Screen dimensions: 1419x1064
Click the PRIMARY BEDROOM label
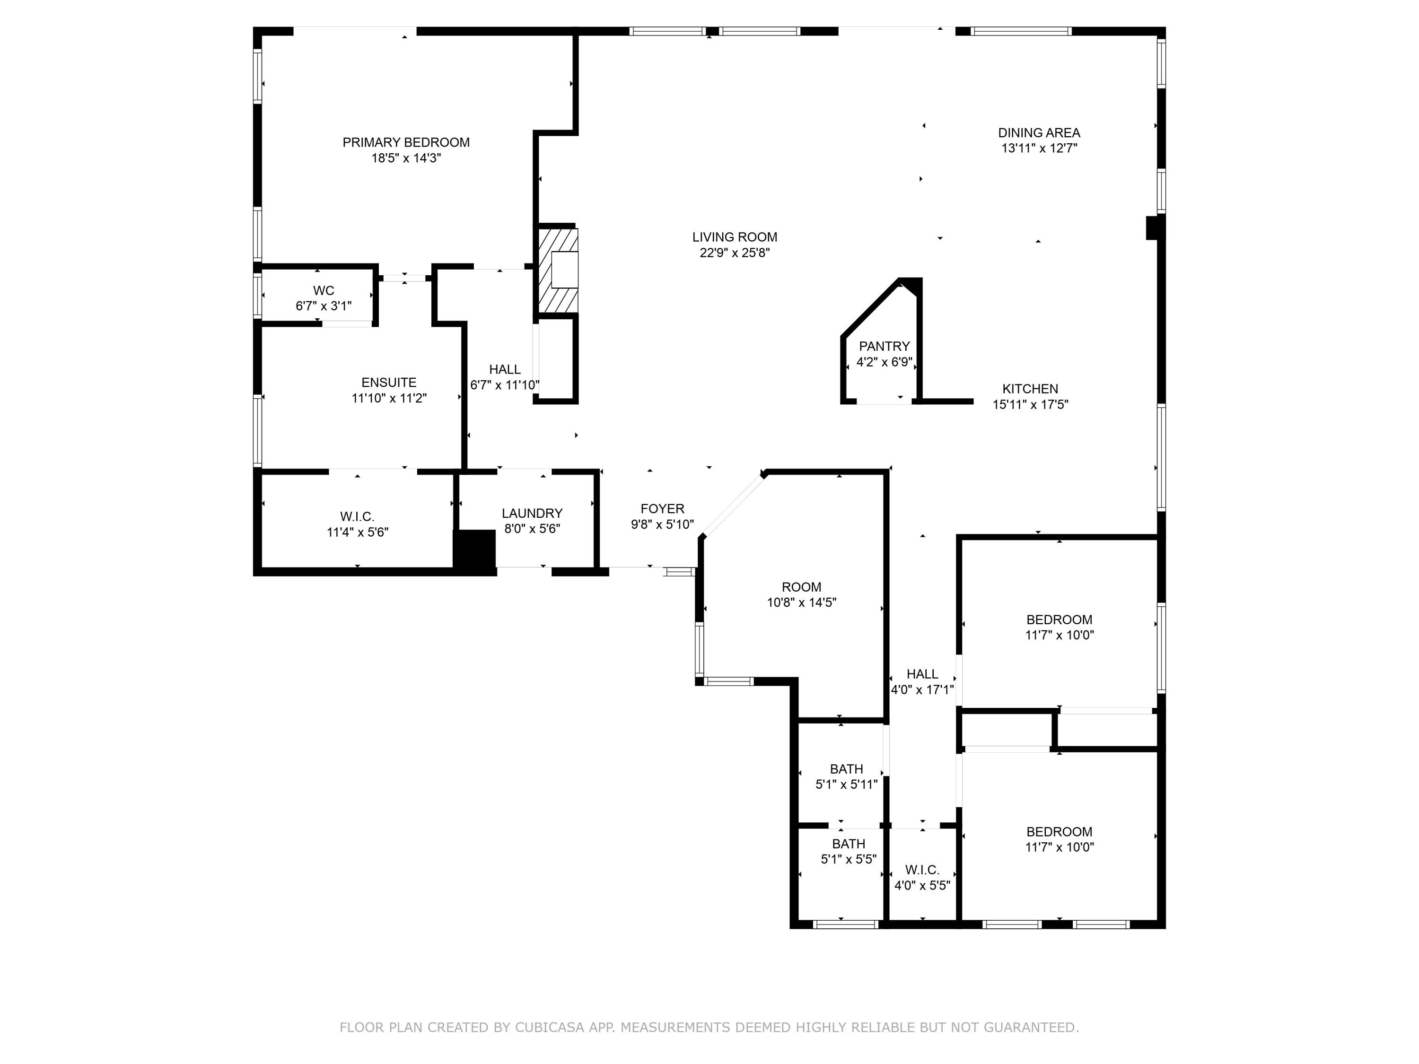point(406,142)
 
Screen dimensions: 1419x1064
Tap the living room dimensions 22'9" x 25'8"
point(735,253)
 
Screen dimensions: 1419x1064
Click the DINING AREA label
point(1039,133)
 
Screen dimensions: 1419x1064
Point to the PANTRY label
point(885,346)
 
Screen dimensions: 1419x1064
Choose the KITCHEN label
point(1030,389)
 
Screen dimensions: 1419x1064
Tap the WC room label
point(324,290)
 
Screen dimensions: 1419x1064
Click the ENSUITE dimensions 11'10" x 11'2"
point(389,398)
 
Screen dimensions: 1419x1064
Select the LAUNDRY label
point(532,513)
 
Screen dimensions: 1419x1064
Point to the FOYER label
point(663,508)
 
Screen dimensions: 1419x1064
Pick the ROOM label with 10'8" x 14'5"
point(802,587)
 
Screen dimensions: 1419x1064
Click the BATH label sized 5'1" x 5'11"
point(847,769)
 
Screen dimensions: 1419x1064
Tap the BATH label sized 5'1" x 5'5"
point(849,844)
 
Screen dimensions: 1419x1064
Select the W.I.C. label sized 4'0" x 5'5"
point(922,870)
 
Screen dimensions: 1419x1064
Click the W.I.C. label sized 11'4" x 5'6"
point(357,516)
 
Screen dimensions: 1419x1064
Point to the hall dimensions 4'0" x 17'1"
point(922,690)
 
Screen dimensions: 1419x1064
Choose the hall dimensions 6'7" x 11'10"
point(505,385)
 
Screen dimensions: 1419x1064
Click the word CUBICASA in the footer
point(550,1028)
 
